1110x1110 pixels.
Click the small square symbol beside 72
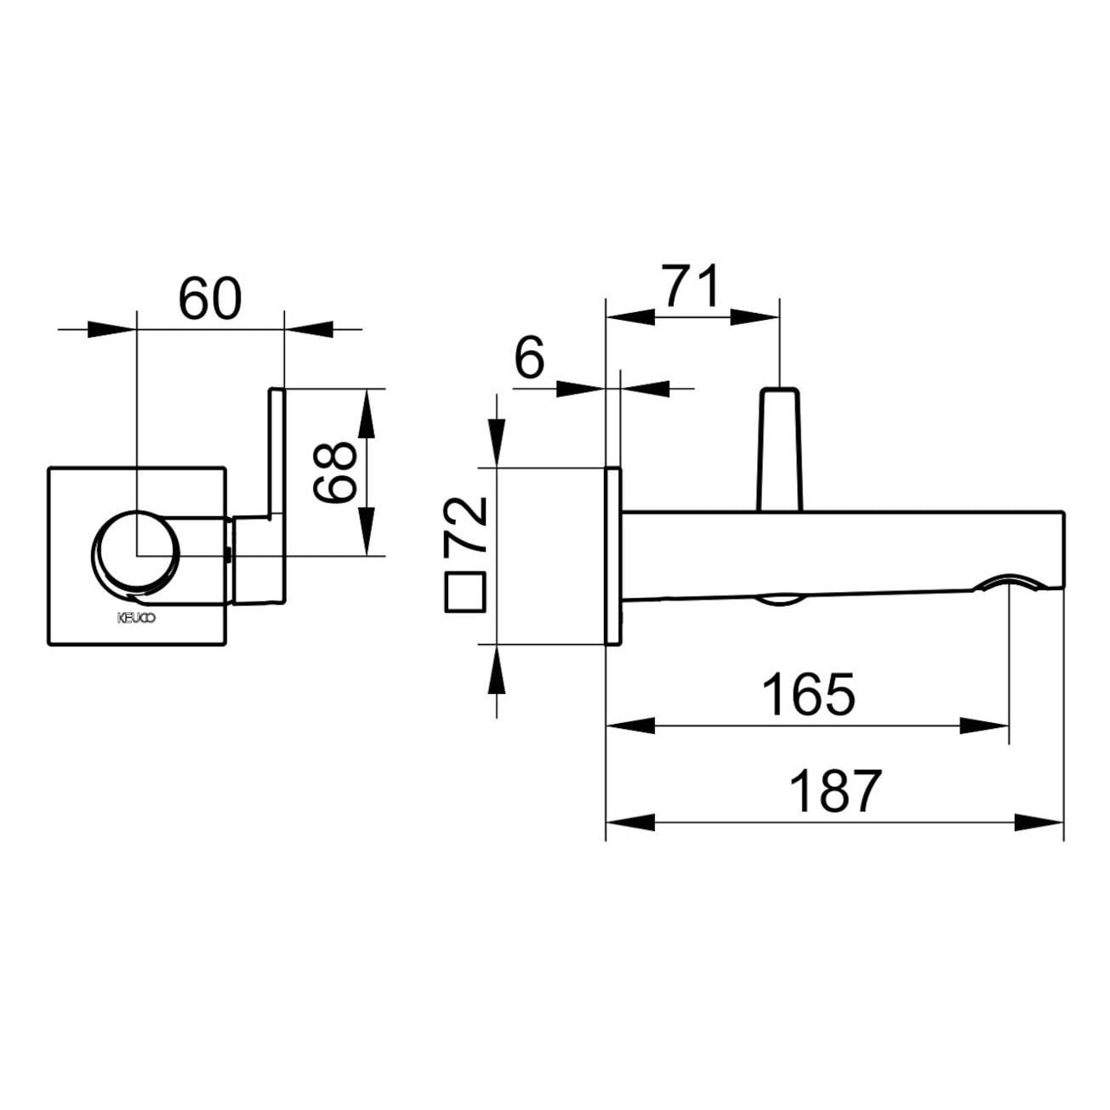(x=465, y=592)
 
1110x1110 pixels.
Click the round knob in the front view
(x=135, y=553)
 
